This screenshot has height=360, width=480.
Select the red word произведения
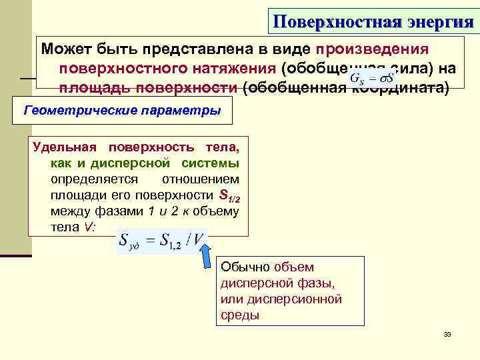coord(373,49)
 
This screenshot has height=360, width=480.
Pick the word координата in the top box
coord(399,87)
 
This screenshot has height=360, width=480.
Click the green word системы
coord(214,163)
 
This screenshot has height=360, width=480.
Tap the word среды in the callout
coord(239,315)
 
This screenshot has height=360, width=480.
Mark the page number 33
coord(447,334)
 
